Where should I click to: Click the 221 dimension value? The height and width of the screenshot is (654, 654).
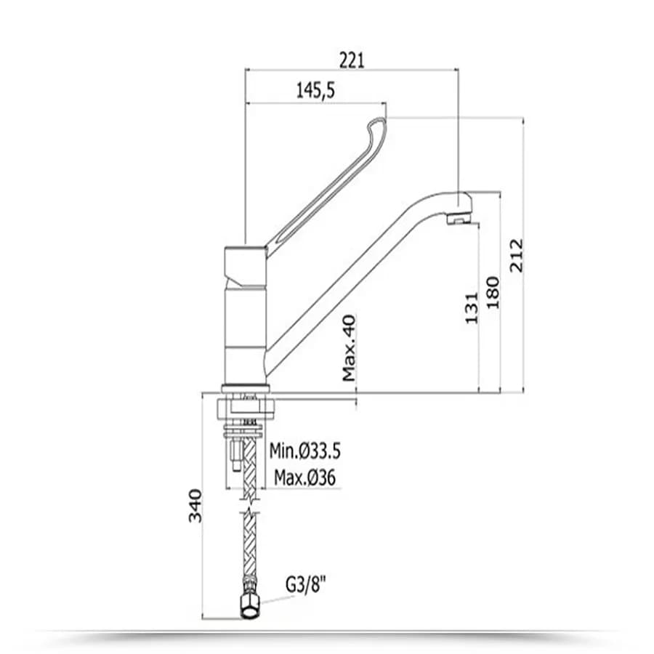(352, 60)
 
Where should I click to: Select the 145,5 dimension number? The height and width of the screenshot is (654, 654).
(316, 91)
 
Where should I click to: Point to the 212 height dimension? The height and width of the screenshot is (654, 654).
(517, 255)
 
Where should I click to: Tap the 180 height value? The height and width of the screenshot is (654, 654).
(493, 292)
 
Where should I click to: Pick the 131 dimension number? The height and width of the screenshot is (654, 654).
(471, 308)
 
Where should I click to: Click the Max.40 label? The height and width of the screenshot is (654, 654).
(349, 348)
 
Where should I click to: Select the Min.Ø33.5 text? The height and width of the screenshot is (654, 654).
(305, 451)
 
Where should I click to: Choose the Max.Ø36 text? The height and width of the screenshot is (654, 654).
(304, 477)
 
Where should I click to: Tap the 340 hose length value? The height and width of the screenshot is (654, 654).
(195, 506)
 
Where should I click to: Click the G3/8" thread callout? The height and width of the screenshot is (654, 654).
(305, 585)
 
